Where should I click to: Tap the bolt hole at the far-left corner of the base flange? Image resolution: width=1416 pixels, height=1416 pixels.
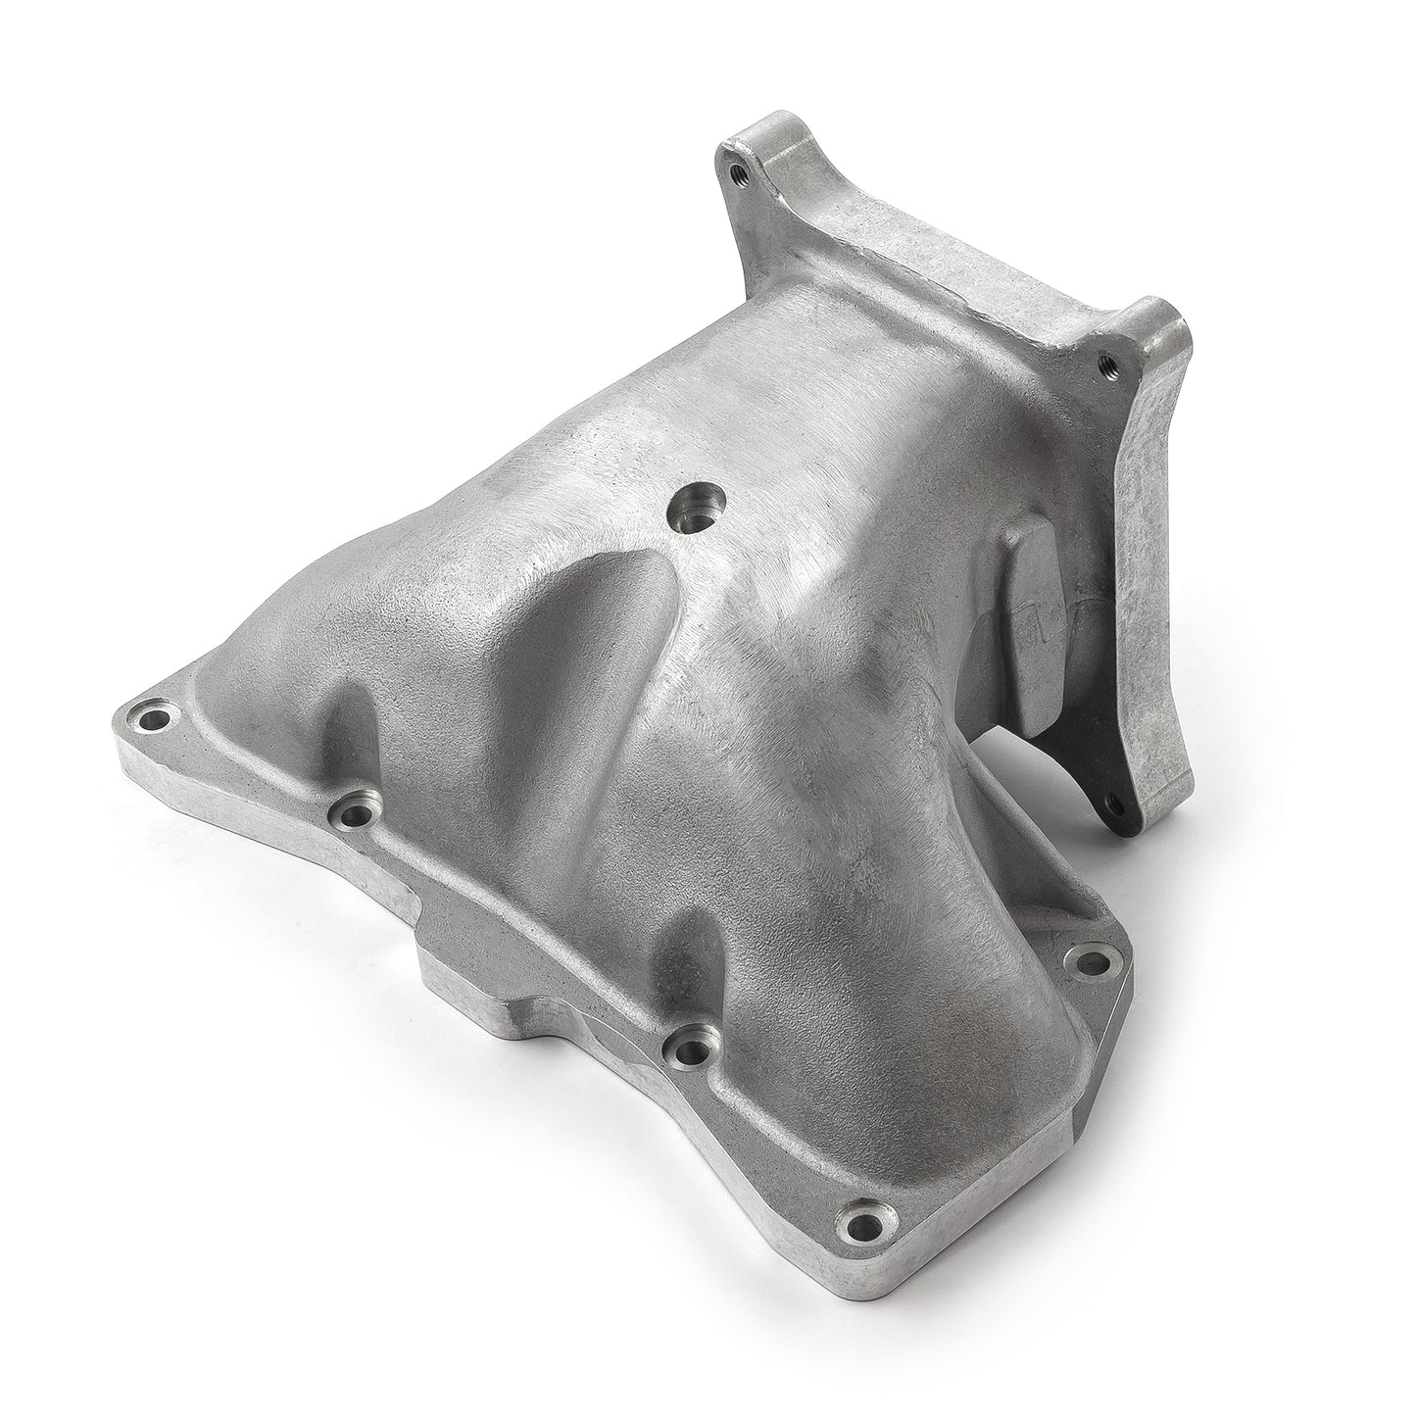(155, 720)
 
